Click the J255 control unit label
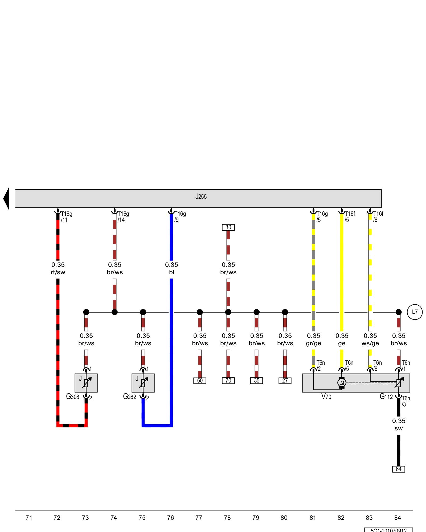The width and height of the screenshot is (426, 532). tap(201, 197)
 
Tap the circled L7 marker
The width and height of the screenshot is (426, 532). tap(415, 312)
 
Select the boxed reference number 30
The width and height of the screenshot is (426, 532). tap(228, 227)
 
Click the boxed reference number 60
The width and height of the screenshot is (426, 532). tap(200, 381)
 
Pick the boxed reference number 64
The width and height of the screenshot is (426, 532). tap(399, 469)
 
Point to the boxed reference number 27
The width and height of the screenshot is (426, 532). tap(285, 381)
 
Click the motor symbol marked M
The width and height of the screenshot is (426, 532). tap(342, 383)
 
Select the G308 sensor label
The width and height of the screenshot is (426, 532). tap(73, 397)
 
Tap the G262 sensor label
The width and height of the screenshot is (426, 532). tap(130, 397)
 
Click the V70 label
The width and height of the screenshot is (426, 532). tap(326, 397)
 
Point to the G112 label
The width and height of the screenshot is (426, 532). tap(386, 397)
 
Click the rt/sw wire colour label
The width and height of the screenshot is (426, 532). tap(58, 272)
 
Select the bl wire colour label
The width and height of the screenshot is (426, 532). tap(171, 272)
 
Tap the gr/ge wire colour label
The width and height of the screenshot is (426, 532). tap(313, 343)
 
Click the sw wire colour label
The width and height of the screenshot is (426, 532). tap(399, 428)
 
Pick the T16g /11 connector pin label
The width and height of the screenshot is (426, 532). tap(66, 217)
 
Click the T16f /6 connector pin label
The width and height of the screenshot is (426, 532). tap(378, 217)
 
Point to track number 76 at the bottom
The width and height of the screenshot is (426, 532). tap(170, 518)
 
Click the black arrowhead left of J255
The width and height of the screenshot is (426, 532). tap(6, 198)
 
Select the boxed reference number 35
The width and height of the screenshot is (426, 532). tap(256, 381)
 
